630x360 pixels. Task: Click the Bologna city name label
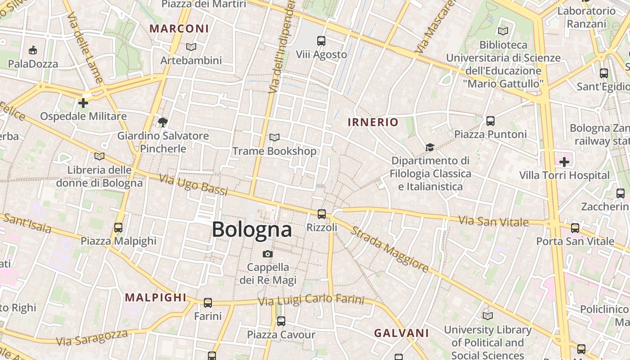coord(252,229)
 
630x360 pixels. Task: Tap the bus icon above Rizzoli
coord(321,214)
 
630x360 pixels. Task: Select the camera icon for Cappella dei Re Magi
coord(268,254)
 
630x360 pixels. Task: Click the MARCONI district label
coord(179,29)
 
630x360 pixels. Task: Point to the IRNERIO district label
coord(373,122)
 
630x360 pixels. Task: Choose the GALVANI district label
coord(401,333)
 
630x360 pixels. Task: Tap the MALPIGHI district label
coord(156,297)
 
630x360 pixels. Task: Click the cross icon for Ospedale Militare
coord(83,103)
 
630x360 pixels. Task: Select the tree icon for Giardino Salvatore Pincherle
coord(163,122)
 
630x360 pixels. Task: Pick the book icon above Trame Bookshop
coord(274,137)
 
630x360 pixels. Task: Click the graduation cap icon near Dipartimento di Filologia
coord(430,147)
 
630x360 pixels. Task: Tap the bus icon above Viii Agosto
coord(321,41)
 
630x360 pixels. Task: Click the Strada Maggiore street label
coord(390,249)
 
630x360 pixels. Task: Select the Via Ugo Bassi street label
coord(193,185)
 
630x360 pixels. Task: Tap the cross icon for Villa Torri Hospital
coord(564,162)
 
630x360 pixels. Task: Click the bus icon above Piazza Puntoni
coord(490,121)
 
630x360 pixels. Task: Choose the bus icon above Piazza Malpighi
coord(118,228)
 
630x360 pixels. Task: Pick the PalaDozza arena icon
coord(33,50)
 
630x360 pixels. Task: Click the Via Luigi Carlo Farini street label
coord(311,299)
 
